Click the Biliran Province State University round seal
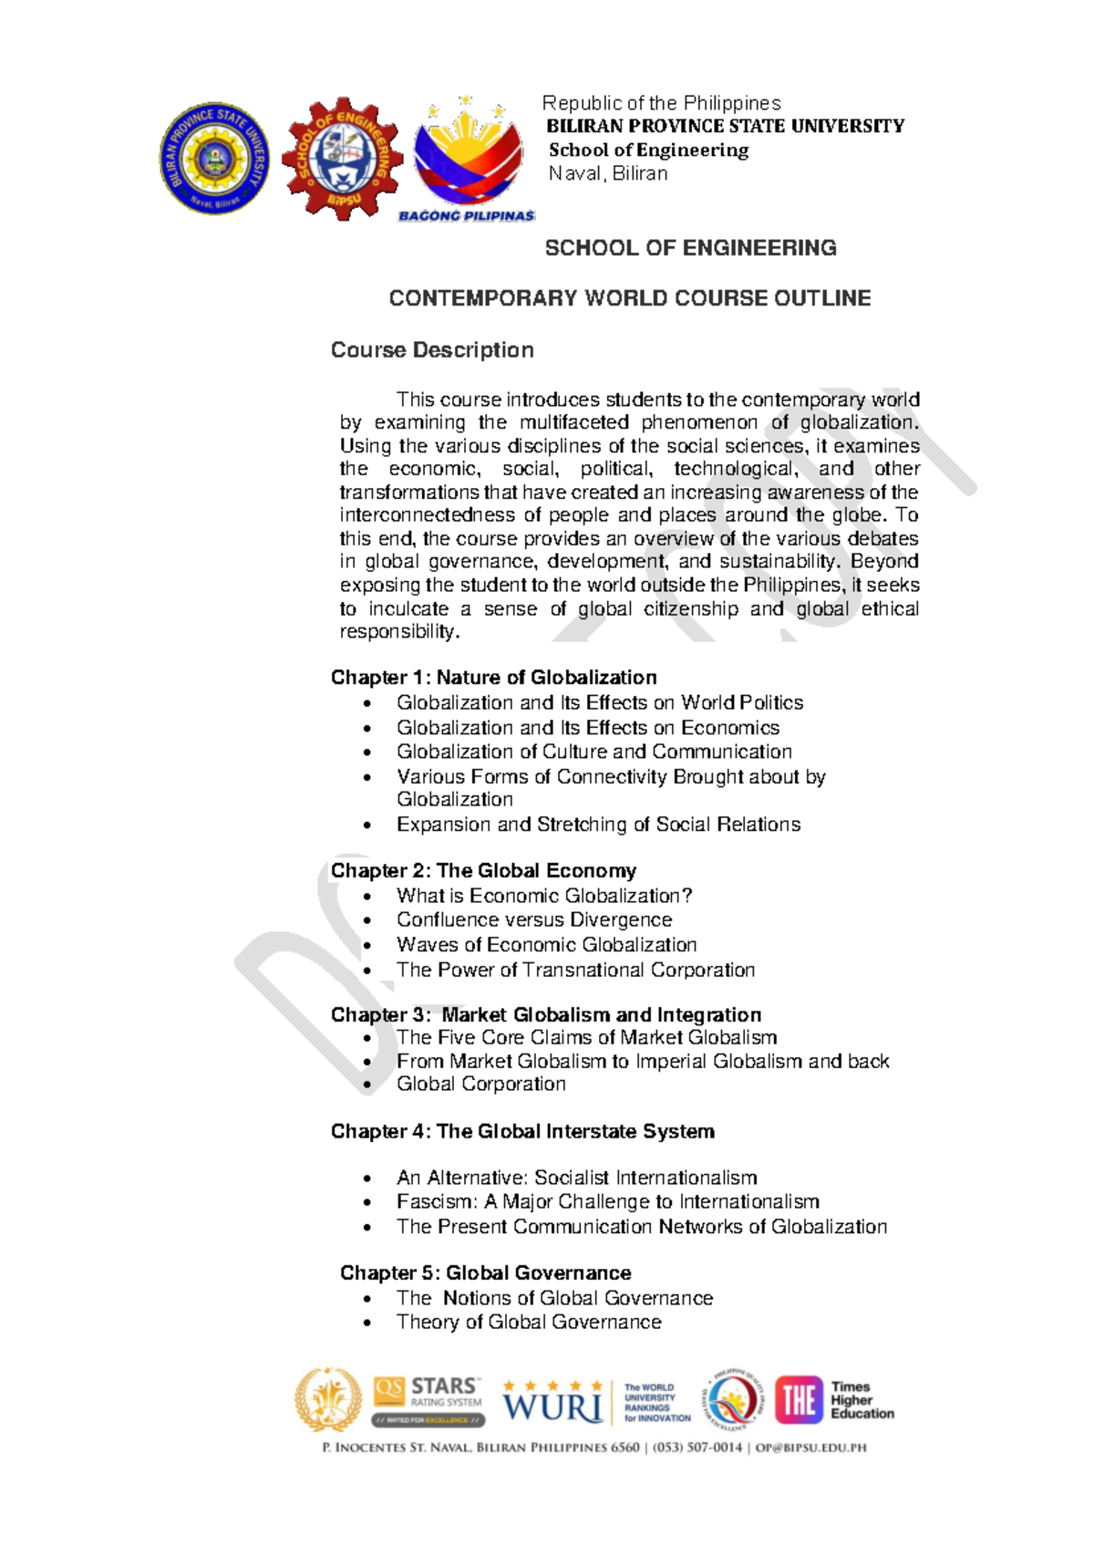click(215, 159)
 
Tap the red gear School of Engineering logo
click(342, 158)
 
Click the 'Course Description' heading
click(432, 350)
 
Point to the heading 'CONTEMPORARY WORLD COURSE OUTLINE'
click(630, 298)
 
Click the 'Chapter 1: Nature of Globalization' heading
click(493, 678)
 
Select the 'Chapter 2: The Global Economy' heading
click(483, 871)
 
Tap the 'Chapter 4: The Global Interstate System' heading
click(522, 1132)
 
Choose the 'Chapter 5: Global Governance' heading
click(485, 1273)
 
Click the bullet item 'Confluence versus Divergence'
click(534, 920)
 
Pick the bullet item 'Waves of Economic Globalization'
click(546, 945)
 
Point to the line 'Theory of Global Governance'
click(529, 1323)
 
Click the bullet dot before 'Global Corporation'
click(367, 1085)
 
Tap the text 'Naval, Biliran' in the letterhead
click(608, 174)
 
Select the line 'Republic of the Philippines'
click(662, 103)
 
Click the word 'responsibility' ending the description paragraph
click(397, 632)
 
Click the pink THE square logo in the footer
click(800, 1400)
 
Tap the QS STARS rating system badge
click(428, 1400)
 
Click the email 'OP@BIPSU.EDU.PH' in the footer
click(808, 1448)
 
